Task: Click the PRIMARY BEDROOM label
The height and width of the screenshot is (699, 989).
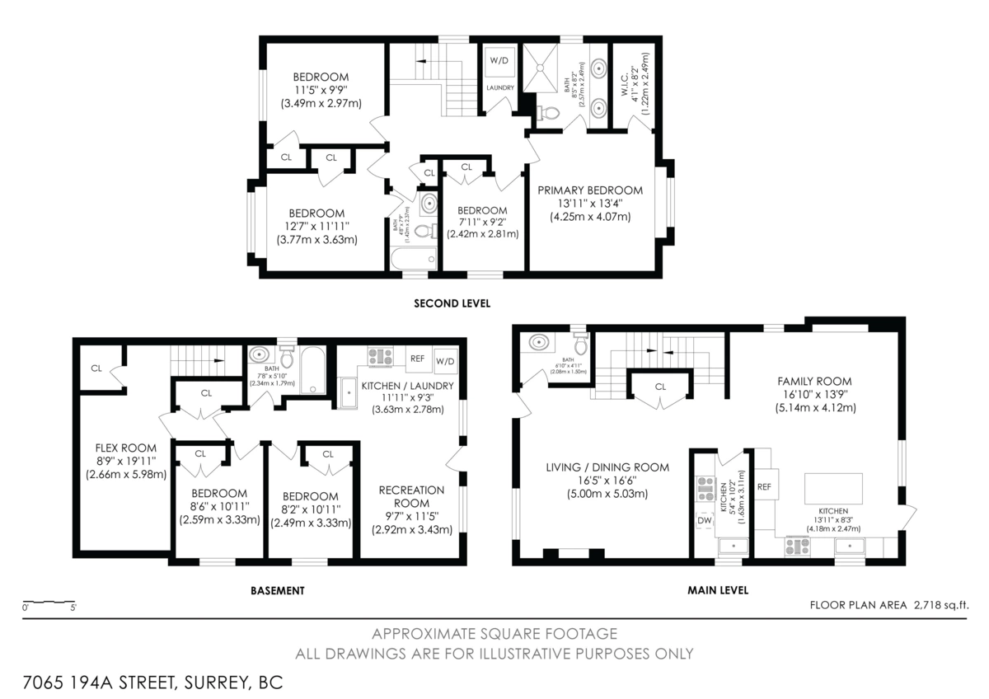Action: (x=590, y=190)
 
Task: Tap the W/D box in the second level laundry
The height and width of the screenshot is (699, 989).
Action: (x=499, y=61)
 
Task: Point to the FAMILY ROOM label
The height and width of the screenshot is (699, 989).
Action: (x=814, y=382)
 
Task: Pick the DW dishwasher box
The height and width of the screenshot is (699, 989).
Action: (x=705, y=520)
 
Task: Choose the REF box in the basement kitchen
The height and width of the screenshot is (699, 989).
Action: (x=417, y=359)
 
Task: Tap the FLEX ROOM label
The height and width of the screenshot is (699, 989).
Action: (x=126, y=449)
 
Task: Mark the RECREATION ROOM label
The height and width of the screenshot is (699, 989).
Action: (x=411, y=496)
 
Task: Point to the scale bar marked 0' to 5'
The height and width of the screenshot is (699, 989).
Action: (x=49, y=603)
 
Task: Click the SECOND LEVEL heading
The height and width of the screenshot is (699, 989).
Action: (x=452, y=303)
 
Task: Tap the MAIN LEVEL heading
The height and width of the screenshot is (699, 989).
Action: (x=718, y=590)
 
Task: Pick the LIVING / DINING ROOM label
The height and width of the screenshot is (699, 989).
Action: (x=607, y=467)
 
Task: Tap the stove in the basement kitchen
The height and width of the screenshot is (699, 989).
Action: (x=380, y=357)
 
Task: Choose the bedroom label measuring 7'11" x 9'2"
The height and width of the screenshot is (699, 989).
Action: (x=482, y=210)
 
